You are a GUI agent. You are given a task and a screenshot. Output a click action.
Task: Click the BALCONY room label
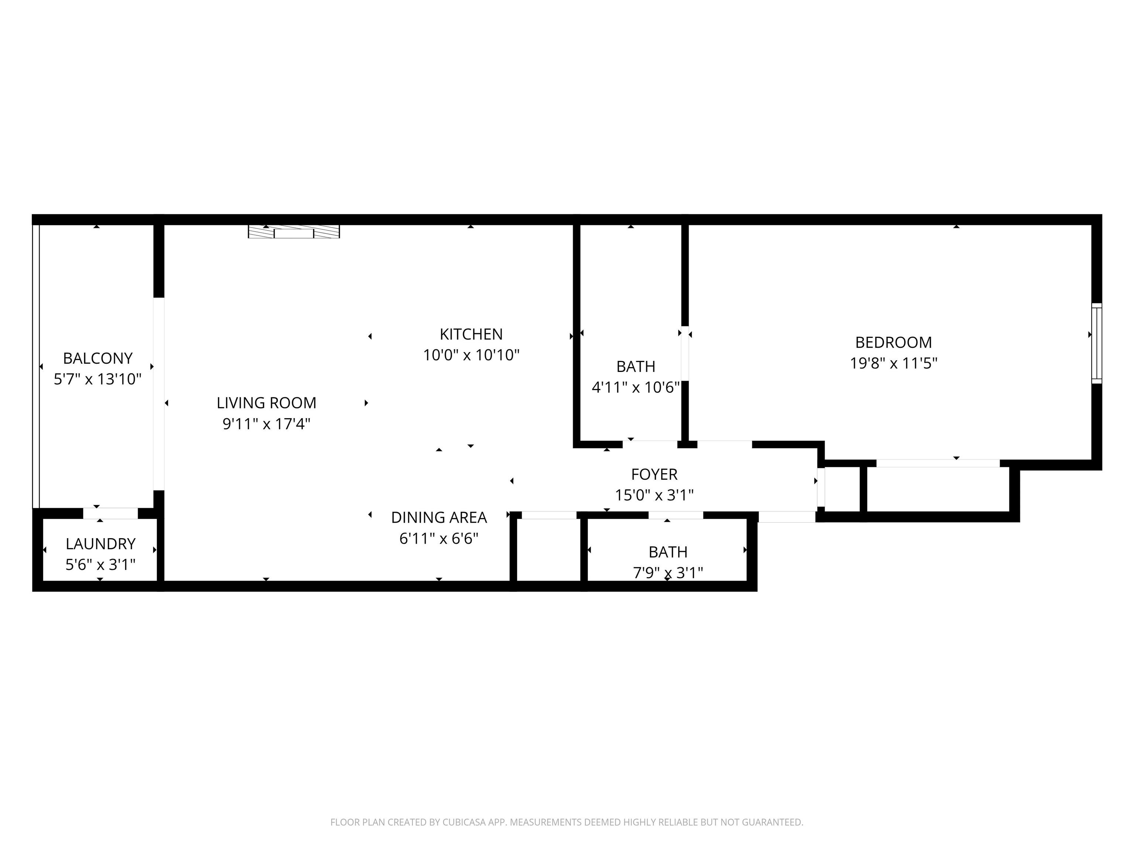click(97, 358)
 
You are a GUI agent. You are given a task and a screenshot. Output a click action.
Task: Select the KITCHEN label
click(471, 334)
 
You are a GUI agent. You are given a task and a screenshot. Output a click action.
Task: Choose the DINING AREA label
click(439, 517)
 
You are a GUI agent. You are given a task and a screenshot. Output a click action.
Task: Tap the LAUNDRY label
click(100, 544)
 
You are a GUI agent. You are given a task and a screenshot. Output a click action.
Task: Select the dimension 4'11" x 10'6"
click(636, 387)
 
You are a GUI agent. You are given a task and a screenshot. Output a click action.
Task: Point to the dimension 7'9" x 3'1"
click(668, 573)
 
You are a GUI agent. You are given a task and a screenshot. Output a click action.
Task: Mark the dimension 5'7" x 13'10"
click(97, 379)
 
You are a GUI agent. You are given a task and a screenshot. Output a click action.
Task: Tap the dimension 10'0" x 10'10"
click(471, 355)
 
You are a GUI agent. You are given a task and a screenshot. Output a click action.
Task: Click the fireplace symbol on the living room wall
click(294, 232)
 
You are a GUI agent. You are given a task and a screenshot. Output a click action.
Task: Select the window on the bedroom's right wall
click(1097, 343)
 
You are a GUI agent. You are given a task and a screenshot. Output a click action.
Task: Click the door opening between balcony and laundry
click(111, 513)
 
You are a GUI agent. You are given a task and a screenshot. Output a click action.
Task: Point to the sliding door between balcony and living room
click(159, 394)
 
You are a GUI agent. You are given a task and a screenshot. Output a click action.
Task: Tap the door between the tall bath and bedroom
click(685, 353)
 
